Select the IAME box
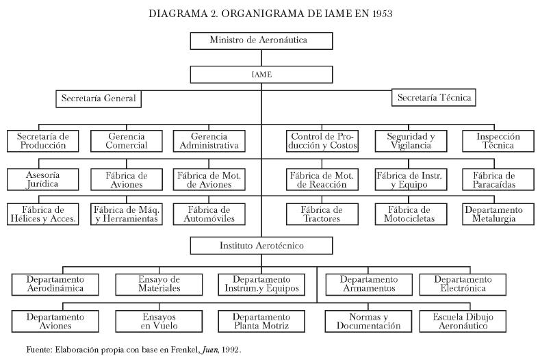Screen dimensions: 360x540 [261, 74]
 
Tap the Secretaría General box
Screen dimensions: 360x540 [99, 99]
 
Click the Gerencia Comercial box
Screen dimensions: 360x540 [126, 141]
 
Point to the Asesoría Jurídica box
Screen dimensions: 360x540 [42, 179]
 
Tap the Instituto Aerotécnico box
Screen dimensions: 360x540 [261, 245]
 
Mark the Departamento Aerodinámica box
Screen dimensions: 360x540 [55, 283]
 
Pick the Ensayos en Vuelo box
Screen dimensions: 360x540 [157, 321]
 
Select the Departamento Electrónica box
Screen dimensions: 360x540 [463, 283]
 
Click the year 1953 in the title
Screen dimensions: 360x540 [382, 14]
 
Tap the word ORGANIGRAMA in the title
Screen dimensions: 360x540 [242, 14]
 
